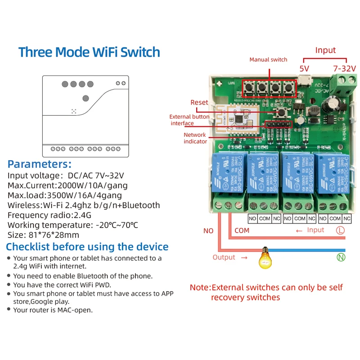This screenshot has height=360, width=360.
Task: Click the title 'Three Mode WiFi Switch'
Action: (89, 52)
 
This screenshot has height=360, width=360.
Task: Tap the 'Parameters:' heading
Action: (40, 164)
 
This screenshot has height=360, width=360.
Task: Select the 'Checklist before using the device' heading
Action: (87, 247)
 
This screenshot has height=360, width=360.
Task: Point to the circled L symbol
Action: (341, 230)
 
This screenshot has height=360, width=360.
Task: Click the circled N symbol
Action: (341, 257)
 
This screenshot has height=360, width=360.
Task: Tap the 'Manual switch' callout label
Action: (268, 59)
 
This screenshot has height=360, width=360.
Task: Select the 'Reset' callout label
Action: (199, 102)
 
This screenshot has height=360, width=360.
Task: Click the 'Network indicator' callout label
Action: (195, 138)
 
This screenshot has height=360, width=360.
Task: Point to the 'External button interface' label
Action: (189, 120)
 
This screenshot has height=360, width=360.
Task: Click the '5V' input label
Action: (304, 69)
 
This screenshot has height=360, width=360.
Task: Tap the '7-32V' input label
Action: (344, 69)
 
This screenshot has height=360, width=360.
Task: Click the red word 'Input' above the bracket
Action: (325, 50)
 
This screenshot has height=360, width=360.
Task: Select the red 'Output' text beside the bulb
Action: (224, 257)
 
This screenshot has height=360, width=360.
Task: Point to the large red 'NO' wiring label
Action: (208, 231)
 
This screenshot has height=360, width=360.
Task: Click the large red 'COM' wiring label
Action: (242, 231)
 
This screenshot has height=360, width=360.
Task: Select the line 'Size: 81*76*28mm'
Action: (43, 235)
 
